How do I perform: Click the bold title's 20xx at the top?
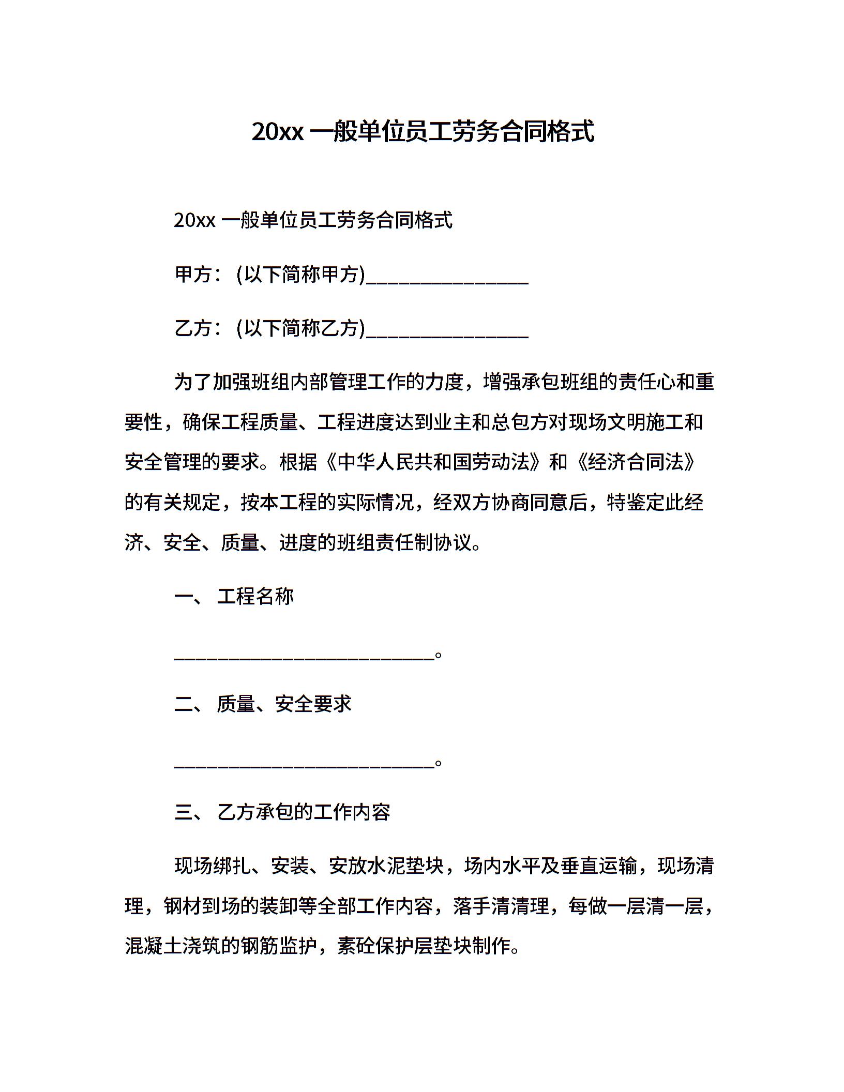(277, 132)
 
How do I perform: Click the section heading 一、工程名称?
(234, 597)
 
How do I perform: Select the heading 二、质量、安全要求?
(263, 704)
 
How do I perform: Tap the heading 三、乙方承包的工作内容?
(282, 812)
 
